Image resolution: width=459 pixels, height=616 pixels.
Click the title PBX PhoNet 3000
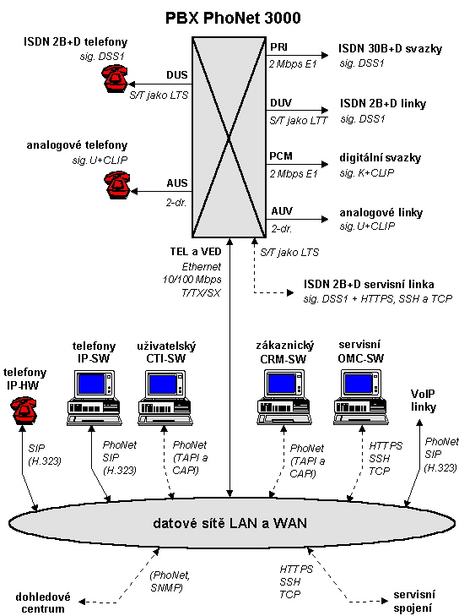click(x=233, y=18)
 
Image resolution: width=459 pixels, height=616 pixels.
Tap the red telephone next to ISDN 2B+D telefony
click(x=115, y=79)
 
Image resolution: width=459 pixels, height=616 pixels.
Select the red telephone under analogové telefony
click(x=117, y=185)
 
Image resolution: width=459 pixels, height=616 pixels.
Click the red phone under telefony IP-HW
click(x=23, y=410)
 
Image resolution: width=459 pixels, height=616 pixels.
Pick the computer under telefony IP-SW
click(x=94, y=398)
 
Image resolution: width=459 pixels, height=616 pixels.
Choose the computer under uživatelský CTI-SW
click(x=165, y=398)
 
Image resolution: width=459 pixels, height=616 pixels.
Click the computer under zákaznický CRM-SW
click(x=284, y=398)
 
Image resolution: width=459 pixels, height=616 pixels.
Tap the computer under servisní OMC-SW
click(x=361, y=398)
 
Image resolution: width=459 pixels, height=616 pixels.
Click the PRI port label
click(x=279, y=47)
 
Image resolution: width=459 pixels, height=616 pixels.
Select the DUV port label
click(x=281, y=103)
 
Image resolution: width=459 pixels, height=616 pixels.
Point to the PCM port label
click(x=281, y=156)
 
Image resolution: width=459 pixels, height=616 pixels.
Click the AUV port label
click(x=282, y=211)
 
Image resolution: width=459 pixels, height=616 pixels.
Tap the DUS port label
click(x=177, y=74)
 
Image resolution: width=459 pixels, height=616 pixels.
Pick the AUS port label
click(x=177, y=183)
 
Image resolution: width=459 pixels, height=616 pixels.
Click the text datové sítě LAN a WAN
click(x=229, y=523)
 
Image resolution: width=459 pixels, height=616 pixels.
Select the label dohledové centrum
click(x=43, y=603)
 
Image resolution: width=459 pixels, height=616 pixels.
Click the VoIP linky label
click(x=424, y=401)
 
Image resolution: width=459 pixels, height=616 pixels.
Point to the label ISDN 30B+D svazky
click(x=391, y=48)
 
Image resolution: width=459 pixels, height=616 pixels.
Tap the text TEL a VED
click(x=196, y=252)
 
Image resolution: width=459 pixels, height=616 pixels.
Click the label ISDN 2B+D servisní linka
click(x=369, y=284)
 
